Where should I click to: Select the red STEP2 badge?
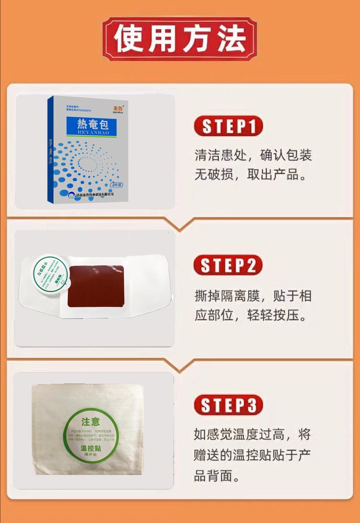coord(228,266)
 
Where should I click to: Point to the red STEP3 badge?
coord(228,405)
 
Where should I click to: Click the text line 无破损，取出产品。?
coord(251,174)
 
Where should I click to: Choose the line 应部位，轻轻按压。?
coord(251,315)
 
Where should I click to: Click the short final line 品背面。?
coord(216,476)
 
